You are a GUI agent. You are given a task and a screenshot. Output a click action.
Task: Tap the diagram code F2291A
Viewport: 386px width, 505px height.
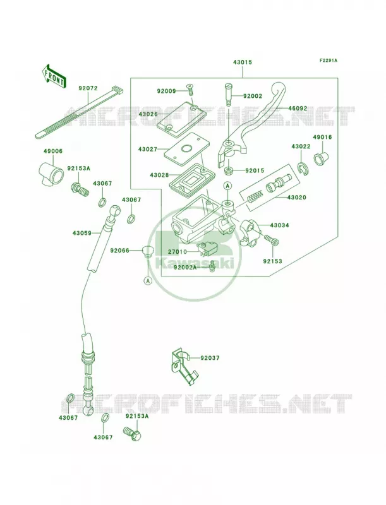[329, 60]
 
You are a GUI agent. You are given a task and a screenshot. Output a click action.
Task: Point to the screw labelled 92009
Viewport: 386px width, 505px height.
[190, 88]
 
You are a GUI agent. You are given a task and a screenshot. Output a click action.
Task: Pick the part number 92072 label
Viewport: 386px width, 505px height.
[88, 88]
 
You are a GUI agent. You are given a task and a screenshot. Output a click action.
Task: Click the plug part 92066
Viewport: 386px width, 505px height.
[148, 251]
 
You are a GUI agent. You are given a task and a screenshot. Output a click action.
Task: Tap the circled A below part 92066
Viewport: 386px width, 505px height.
[148, 280]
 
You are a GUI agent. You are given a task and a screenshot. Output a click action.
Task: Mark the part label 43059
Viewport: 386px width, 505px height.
[82, 232]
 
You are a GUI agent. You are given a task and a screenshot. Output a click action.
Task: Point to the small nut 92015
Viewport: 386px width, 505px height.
[228, 170]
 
